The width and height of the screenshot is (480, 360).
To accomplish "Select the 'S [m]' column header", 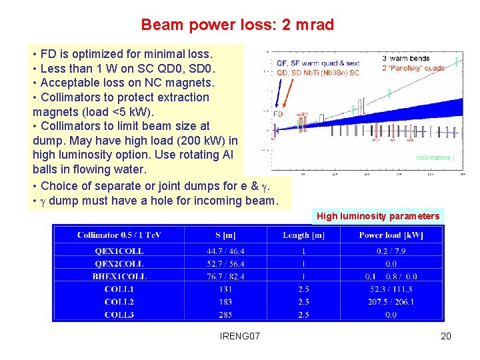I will tap(225, 235).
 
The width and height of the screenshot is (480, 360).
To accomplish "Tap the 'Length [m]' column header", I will tap(303, 235).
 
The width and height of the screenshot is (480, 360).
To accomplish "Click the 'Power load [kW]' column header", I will tap(391, 235).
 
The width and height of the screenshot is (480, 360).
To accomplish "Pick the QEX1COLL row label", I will tap(119, 251).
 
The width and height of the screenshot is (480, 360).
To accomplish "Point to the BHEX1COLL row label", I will tap(119, 276).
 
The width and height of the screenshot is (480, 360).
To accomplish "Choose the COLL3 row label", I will tap(119, 314).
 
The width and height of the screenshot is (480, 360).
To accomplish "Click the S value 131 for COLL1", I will tap(225, 289).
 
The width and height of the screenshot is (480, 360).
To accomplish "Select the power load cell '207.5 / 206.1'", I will tap(391, 301).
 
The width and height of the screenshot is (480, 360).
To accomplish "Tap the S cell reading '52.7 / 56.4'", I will tap(225, 263).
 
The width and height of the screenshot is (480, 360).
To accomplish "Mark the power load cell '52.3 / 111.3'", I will tap(391, 289).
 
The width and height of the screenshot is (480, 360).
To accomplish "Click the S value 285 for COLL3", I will tap(225, 314).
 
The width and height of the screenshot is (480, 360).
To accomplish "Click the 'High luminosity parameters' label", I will tap(378, 216).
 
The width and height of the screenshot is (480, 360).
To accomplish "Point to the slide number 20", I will tap(446, 336).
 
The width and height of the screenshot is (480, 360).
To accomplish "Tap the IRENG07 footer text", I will tap(239, 336).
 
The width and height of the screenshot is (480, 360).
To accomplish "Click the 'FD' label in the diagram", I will tap(278, 114).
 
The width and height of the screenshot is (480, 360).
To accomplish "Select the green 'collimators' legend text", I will tap(434, 157).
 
